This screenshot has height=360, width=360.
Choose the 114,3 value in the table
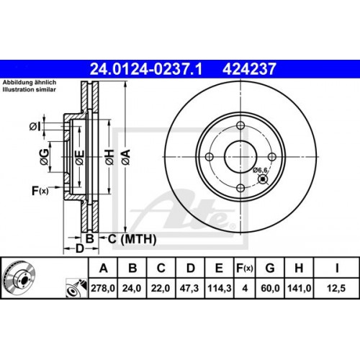click(x=219, y=289)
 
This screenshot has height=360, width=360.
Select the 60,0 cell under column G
click(x=271, y=289)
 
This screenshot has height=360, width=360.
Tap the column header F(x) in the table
click(x=245, y=268)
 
